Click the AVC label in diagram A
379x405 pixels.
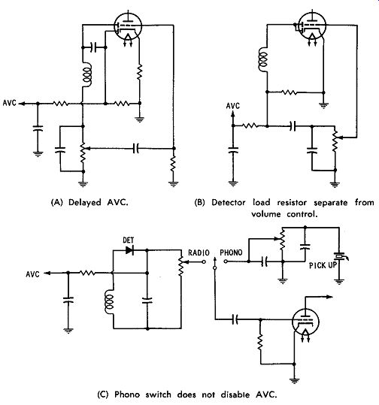click(10, 103)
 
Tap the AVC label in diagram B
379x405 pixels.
click(233, 106)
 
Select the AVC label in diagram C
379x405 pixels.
click(33, 274)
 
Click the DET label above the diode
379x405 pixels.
click(129, 240)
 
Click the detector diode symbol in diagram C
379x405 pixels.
click(129, 250)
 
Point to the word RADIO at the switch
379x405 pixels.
click(199, 252)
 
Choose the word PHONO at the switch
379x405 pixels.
click(231, 252)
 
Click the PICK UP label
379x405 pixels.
click(323, 265)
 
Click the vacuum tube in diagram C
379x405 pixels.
click(305, 322)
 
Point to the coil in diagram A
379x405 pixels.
click(87, 74)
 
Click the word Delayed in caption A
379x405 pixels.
click(84, 202)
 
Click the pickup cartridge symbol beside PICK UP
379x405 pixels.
click(340, 256)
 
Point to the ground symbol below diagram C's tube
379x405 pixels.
click(294, 380)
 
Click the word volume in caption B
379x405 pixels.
click(265, 214)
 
